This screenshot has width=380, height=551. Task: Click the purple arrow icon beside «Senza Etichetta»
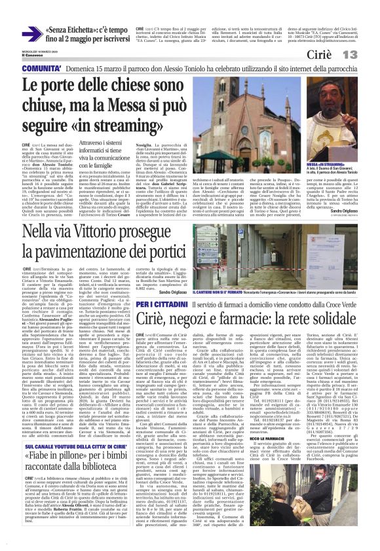tap(30, 32)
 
